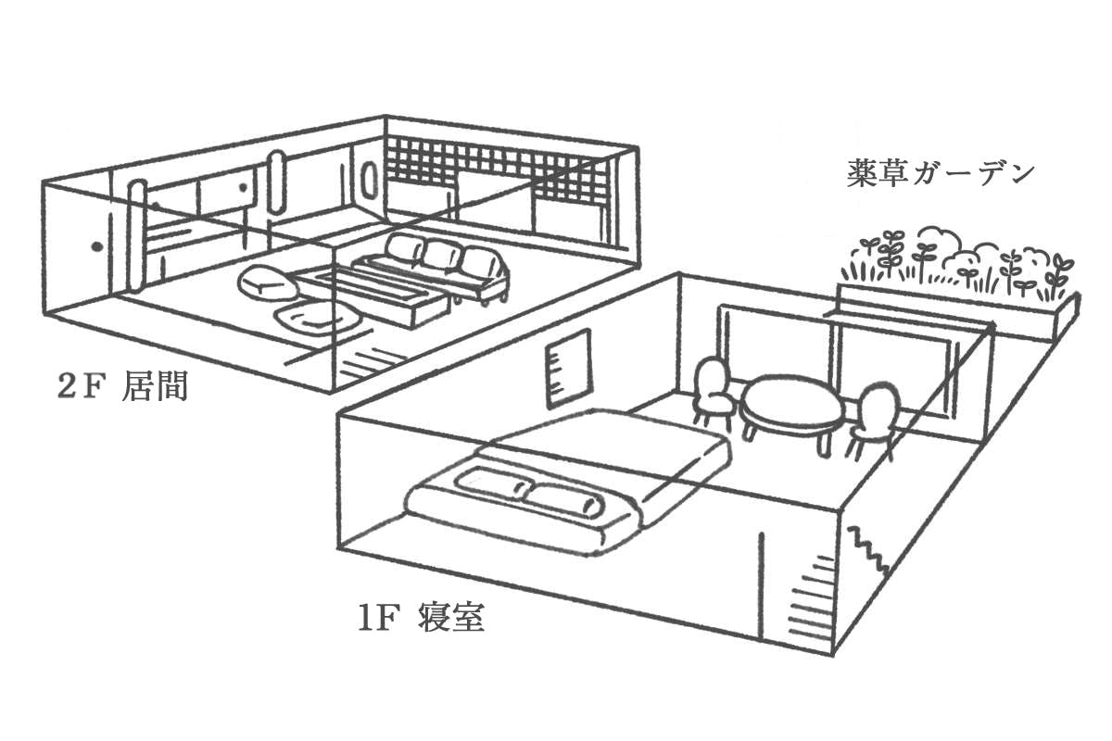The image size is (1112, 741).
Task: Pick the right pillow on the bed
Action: [562, 498]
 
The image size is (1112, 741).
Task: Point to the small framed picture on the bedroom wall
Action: [567, 368]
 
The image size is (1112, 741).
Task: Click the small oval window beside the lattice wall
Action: [368, 182]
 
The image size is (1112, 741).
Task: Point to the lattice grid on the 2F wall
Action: [500, 181]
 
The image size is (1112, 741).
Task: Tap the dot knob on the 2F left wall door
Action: [95, 246]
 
